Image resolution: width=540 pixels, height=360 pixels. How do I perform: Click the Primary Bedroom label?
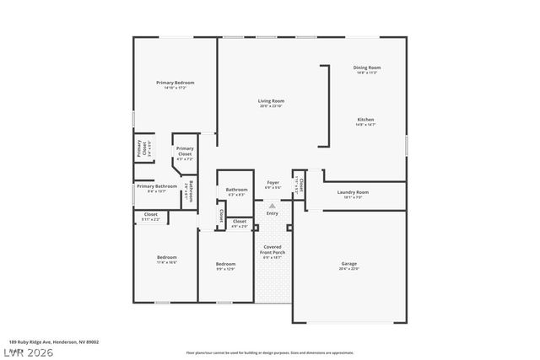click(175, 83)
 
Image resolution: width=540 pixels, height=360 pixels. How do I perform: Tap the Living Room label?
click(271, 101)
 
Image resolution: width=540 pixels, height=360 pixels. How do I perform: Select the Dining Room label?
click(366, 67)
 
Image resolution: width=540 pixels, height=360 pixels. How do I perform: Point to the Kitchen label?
click(364, 119)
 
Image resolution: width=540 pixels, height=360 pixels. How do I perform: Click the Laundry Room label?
click(354, 192)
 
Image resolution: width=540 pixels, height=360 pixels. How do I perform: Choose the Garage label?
click(348, 264)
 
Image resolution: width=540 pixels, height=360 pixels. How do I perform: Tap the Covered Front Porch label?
click(273, 250)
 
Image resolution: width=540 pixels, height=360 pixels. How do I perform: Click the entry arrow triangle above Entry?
click(272, 205)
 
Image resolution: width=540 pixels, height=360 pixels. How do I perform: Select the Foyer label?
click(273, 182)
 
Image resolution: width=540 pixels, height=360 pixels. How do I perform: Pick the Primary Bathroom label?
click(157, 185)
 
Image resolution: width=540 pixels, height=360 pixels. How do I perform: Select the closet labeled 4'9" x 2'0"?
click(240, 223)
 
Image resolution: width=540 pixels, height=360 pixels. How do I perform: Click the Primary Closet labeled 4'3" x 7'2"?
click(184, 152)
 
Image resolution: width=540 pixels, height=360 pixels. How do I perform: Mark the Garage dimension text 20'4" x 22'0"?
click(348, 269)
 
